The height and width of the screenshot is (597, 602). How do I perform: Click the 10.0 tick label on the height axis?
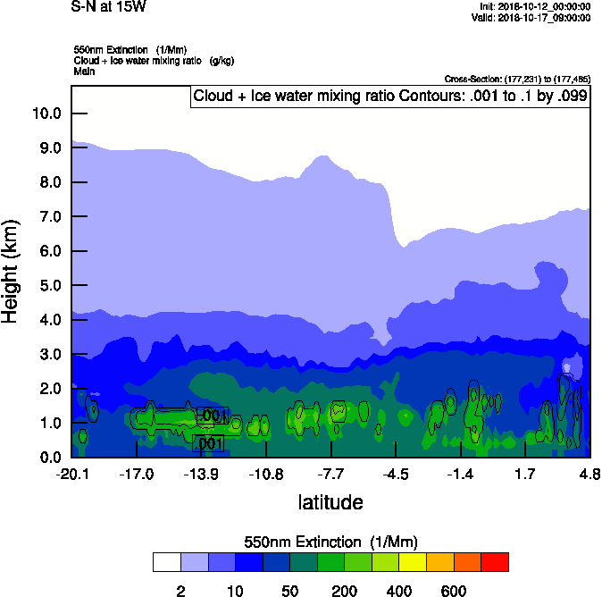46,114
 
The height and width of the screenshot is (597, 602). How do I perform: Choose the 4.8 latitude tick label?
589,474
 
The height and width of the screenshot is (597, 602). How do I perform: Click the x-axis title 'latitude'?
330,502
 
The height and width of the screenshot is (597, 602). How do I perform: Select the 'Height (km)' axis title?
13,272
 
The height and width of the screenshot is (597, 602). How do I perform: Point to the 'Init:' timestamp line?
534,6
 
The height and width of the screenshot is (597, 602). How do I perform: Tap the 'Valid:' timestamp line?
534,17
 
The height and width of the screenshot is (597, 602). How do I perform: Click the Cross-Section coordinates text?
516,79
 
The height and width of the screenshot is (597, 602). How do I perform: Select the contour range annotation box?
389,97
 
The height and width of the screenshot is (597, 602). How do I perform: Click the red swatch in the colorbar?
495,562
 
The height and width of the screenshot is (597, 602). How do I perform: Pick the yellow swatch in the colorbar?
413,562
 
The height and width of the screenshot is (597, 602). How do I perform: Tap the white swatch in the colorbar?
166,562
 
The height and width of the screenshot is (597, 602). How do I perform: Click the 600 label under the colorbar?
454,591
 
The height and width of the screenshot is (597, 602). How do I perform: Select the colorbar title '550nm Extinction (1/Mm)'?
330,542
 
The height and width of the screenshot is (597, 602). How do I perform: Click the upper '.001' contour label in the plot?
213,416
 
